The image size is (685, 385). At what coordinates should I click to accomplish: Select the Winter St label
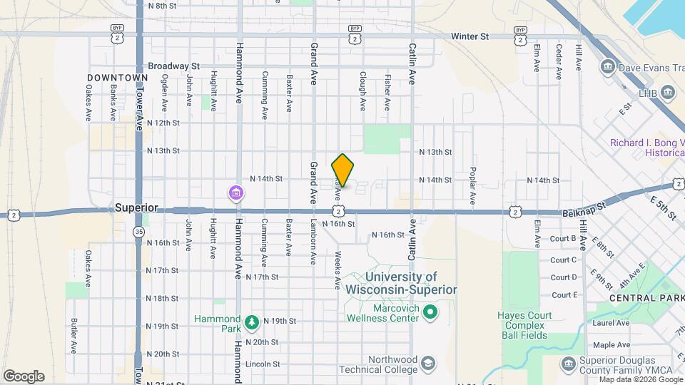(x=469, y=36)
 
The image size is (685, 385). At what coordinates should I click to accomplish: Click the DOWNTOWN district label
(x=118, y=77)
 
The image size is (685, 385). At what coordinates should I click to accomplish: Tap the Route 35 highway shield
(x=139, y=232)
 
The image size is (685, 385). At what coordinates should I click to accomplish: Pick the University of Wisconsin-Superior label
(x=401, y=283)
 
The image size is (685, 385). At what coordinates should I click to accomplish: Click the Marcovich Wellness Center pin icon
(x=430, y=312)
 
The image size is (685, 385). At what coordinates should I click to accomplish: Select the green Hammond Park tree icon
(x=252, y=323)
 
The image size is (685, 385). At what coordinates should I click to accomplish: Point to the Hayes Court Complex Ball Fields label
(x=522, y=325)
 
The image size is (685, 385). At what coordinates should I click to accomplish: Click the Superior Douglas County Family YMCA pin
(x=569, y=364)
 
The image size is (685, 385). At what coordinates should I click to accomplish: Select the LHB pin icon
(x=668, y=93)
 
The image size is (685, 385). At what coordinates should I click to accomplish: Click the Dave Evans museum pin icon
(x=608, y=68)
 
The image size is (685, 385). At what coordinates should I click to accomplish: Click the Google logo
(x=24, y=376)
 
